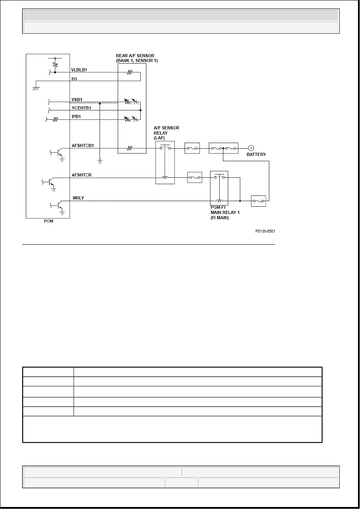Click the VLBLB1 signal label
(x=79, y=70)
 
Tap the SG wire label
(x=74, y=79)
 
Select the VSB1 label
(x=77, y=100)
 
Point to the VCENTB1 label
(x=81, y=108)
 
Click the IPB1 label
(x=76, y=116)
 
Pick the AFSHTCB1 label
(x=83, y=145)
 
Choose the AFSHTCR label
(x=81, y=175)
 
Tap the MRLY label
(x=78, y=198)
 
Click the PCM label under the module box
(x=49, y=221)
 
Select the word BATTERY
(x=256, y=154)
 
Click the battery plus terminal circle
(x=251, y=148)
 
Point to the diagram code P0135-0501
(x=265, y=231)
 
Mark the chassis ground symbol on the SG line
(x=36, y=89)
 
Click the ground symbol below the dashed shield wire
(x=100, y=161)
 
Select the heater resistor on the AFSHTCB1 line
(x=129, y=148)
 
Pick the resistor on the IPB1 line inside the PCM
(x=55, y=119)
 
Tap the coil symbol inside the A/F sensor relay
(x=165, y=177)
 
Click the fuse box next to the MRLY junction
(x=258, y=201)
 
